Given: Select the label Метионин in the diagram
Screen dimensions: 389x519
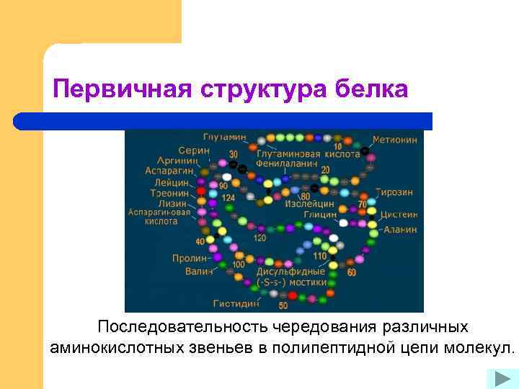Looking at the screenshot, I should (x=394, y=139).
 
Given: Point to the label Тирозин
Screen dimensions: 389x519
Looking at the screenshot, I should (x=394, y=193).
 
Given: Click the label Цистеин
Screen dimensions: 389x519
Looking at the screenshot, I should (x=398, y=214).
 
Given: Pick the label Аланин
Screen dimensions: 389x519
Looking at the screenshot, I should (x=400, y=229).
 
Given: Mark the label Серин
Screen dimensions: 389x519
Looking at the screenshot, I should (x=195, y=150).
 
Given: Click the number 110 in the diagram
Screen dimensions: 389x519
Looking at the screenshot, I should (x=319, y=256).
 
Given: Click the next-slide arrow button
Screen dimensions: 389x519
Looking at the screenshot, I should (x=498, y=378).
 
